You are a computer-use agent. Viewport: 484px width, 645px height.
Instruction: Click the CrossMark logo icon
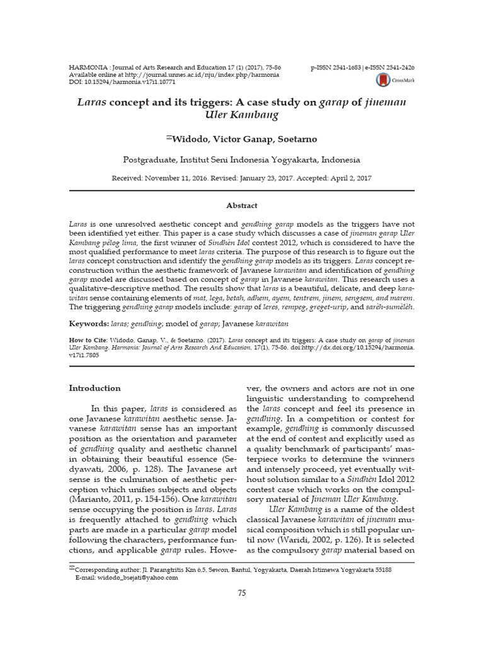382,79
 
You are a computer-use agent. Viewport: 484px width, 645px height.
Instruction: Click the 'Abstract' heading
241,205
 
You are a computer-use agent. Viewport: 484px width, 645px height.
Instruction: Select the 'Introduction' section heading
95,388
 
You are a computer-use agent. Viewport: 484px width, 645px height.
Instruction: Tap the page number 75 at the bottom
241,593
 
